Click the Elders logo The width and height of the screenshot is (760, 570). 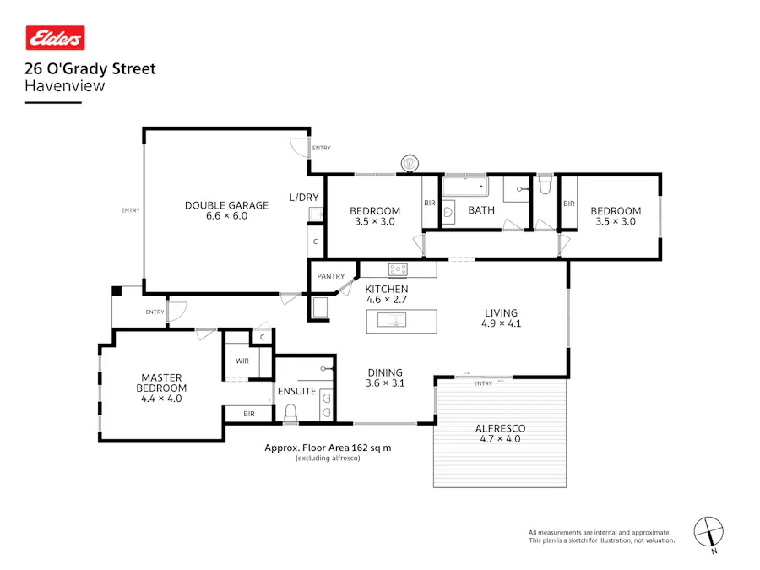coord(55,38)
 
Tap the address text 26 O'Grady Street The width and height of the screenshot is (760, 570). coord(90,69)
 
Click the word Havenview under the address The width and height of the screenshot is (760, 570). coord(65,85)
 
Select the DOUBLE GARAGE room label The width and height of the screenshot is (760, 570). coord(226,205)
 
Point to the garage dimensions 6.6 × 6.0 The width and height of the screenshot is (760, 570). coord(226,216)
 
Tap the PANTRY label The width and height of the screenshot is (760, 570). coord(331,276)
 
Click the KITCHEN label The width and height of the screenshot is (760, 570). coord(386,289)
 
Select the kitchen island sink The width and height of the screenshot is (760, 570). coord(394,319)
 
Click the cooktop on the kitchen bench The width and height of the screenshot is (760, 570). coord(397,269)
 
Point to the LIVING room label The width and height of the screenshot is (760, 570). coord(501,312)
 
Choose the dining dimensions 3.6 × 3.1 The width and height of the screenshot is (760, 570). coord(384,383)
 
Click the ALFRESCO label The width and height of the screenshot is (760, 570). coord(500,428)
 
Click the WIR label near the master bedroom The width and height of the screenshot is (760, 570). coord(242,361)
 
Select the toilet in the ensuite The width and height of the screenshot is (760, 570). coord(290,412)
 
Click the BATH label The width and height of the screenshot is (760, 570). coord(481,210)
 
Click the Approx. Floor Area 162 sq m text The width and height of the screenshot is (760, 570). coord(328,448)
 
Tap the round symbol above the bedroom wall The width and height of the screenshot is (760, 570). coord(410,163)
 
